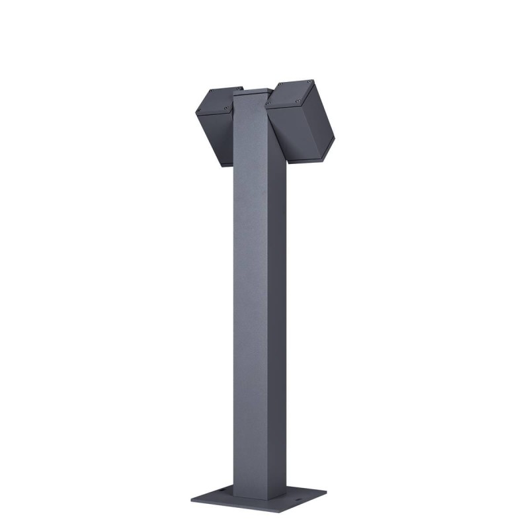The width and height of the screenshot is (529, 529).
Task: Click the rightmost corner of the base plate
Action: tap(327, 492)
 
